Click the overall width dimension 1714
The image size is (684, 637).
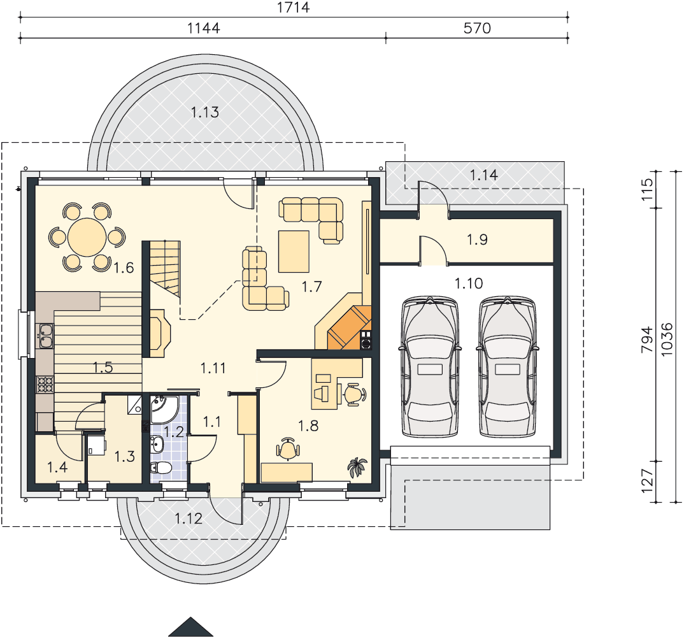point(293,8)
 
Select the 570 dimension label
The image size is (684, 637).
point(477,29)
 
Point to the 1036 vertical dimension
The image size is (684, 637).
point(667,340)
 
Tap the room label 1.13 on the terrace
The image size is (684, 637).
point(204,112)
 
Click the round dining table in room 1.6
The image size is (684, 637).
point(87,238)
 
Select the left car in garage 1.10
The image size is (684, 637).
point(430,366)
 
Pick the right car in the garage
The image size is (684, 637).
point(508,366)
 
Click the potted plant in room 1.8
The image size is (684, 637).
point(357,467)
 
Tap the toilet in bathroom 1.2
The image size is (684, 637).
point(160,468)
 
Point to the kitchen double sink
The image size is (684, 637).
point(46,336)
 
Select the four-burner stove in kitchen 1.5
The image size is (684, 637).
point(45,384)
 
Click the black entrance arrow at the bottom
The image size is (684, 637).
point(190,627)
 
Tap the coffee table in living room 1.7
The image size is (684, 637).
point(294,252)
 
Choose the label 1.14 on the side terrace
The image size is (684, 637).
point(484,175)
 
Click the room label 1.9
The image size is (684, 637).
point(477,240)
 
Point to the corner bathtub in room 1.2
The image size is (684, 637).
point(164,409)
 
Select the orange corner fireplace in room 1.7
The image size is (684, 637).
point(349,327)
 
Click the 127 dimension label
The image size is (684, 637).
point(647,481)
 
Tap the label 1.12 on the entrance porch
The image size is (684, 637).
point(189,519)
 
